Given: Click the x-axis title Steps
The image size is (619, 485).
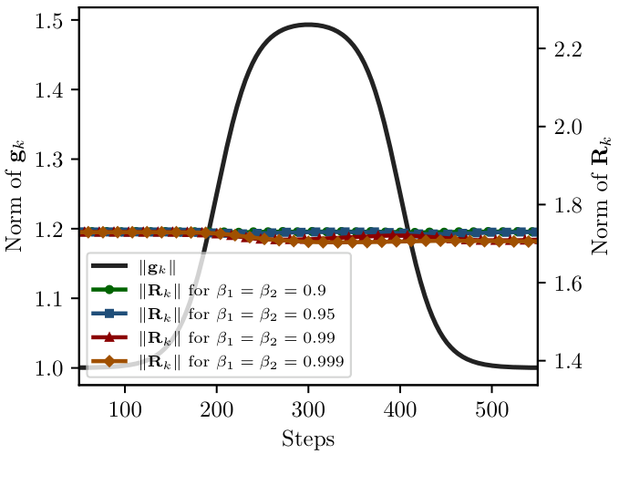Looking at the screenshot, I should coord(308,439).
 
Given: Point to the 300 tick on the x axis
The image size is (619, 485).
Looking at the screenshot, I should coord(308,406).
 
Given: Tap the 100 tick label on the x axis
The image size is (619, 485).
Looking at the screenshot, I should coord(125,406).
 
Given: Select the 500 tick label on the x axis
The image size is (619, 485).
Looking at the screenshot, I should coord(491,406).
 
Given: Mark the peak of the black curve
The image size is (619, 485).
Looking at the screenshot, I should coord(308,25).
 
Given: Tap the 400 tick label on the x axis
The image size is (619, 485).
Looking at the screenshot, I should coord(400,406).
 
